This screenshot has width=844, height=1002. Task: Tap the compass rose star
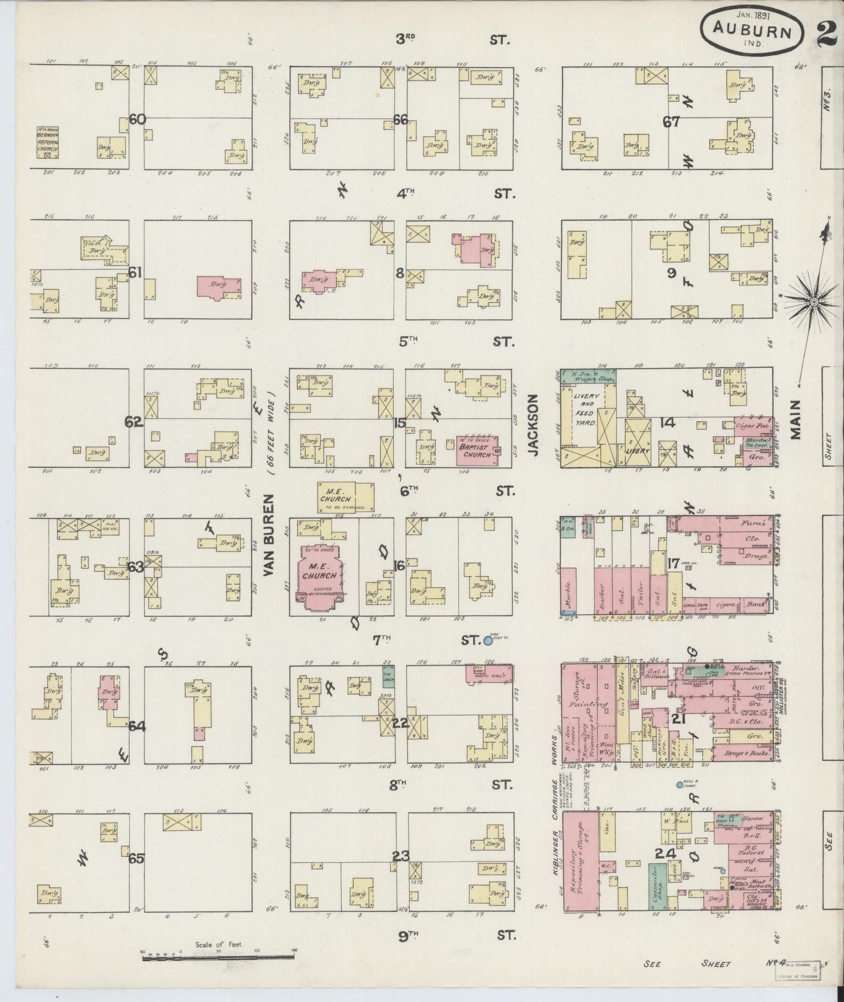point(813,302)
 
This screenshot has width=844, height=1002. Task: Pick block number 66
point(400,120)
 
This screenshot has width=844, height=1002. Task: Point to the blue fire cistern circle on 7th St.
point(488,640)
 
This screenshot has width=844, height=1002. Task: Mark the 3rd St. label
point(453,40)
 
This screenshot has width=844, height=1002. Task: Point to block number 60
point(137,120)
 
